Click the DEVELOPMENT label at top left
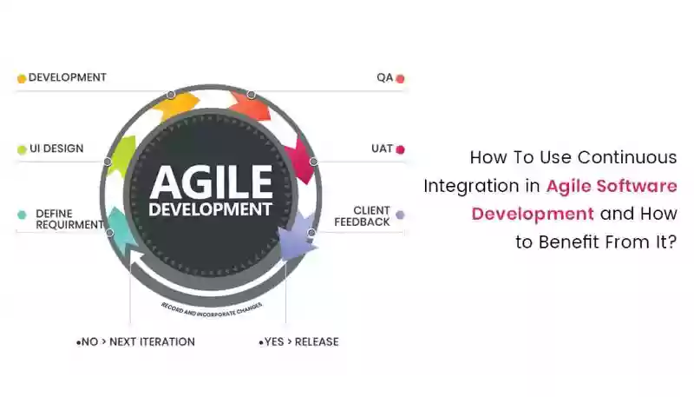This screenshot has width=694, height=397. (68, 77)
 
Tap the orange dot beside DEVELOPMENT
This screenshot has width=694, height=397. (21, 79)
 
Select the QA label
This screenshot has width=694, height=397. (384, 77)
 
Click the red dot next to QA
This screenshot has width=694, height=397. (400, 79)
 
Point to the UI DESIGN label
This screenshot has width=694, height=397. (56, 149)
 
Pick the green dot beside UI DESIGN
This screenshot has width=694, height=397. (22, 149)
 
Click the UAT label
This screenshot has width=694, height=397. (382, 149)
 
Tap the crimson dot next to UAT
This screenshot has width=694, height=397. (400, 149)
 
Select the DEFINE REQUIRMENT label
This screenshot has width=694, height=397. (69, 219)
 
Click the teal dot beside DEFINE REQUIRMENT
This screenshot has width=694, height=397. (22, 215)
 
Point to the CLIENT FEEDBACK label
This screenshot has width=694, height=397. (362, 216)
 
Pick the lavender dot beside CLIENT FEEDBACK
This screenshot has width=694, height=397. (400, 215)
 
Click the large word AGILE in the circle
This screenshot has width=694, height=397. (211, 182)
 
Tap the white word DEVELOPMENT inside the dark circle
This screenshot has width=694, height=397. (210, 209)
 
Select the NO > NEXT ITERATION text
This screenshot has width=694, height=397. (135, 342)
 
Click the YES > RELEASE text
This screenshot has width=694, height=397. (298, 342)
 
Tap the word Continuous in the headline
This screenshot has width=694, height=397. (627, 157)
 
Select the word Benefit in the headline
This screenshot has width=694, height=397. (570, 242)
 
